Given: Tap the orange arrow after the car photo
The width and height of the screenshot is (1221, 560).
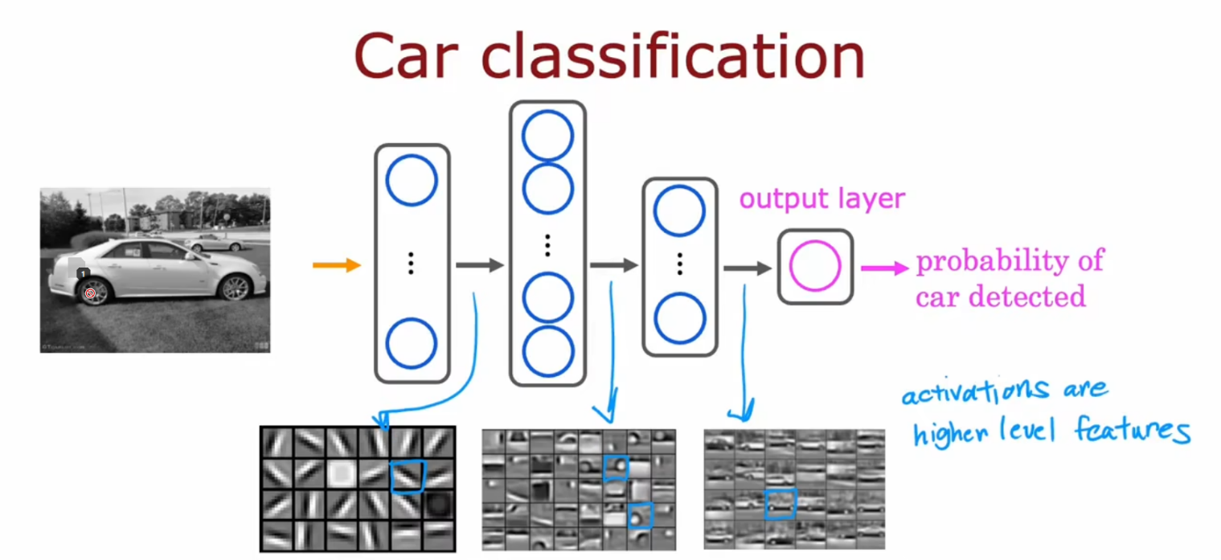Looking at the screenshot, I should (337, 264).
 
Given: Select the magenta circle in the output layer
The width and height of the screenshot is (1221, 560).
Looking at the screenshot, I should (814, 266).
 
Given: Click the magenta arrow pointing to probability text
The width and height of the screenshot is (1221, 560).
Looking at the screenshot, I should (885, 267).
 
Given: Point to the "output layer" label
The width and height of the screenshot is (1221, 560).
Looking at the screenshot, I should (822, 198).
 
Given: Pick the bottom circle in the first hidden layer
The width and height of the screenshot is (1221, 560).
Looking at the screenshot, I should (411, 343).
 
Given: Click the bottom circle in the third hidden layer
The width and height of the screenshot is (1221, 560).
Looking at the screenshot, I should (679, 318).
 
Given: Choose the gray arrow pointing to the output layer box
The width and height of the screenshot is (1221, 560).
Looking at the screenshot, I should (747, 268).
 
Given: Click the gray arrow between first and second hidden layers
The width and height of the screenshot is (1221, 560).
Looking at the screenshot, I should (479, 265).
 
